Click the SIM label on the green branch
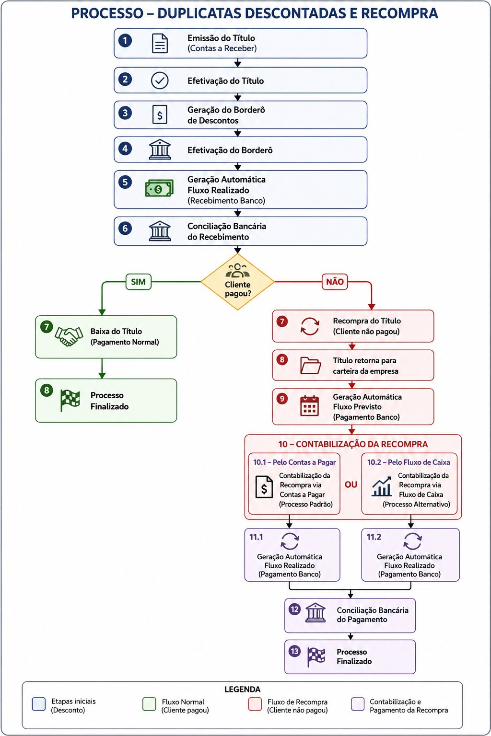click(x=139, y=282)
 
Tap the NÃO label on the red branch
click(x=335, y=282)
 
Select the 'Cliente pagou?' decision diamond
click(x=237, y=282)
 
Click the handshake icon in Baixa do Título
click(x=69, y=336)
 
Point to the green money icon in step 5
click(x=159, y=189)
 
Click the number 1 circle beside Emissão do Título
click(x=125, y=41)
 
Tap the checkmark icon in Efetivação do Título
click(x=160, y=80)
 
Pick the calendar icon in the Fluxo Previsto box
click(x=309, y=406)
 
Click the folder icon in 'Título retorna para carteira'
click(x=310, y=366)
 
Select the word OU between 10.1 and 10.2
click(x=351, y=484)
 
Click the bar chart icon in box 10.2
click(x=382, y=486)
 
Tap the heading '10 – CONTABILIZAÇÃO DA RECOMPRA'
click(x=353, y=444)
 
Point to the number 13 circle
click(x=295, y=651)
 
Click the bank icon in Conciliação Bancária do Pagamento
click(x=316, y=613)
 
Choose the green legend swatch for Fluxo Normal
click(x=149, y=704)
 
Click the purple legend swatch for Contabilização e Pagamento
click(x=358, y=704)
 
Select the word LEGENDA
click(x=242, y=689)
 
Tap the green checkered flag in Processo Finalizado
click(x=70, y=400)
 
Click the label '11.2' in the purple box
click(x=374, y=537)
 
